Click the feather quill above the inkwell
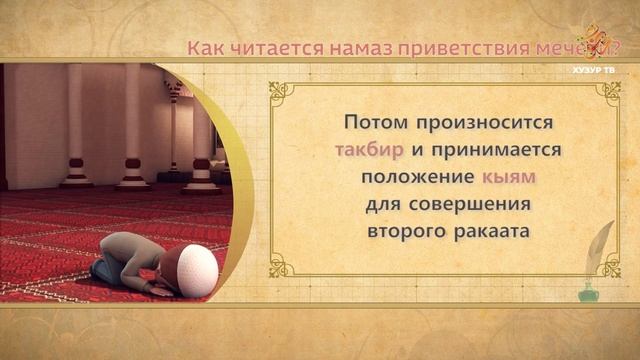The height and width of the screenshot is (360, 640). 601,250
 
